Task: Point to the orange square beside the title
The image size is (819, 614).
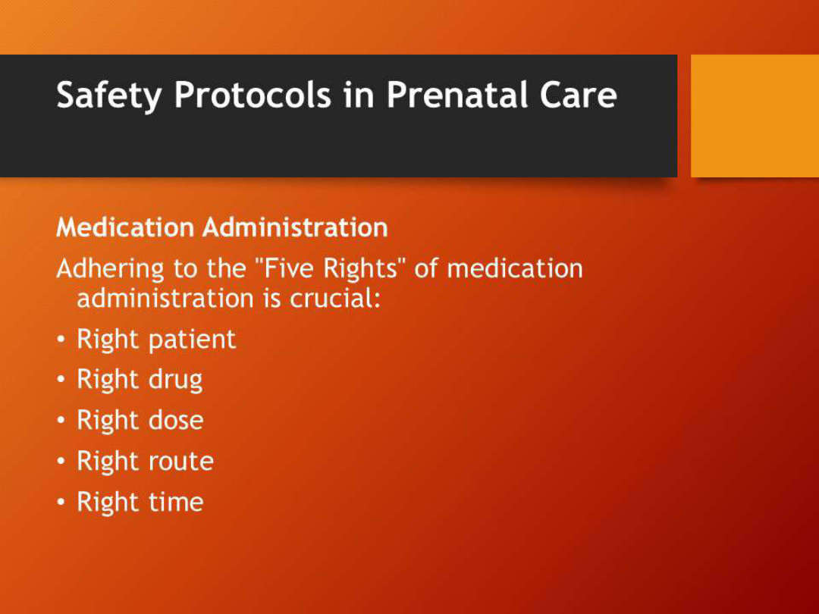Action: (x=755, y=115)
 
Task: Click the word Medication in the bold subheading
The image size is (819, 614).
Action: (x=125, y=227)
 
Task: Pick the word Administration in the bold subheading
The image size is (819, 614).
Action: (x=294, y=227)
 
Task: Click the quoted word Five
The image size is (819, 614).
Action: (x=290, y=268)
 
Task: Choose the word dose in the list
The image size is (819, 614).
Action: (x=175, y=421)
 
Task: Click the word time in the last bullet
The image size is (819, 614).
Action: (x=175, y=502)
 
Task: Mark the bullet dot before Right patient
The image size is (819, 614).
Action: (x=61, y=340)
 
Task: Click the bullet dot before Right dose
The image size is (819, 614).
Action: (x=61, y=421)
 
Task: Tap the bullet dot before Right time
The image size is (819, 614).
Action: (x=61, y=503)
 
